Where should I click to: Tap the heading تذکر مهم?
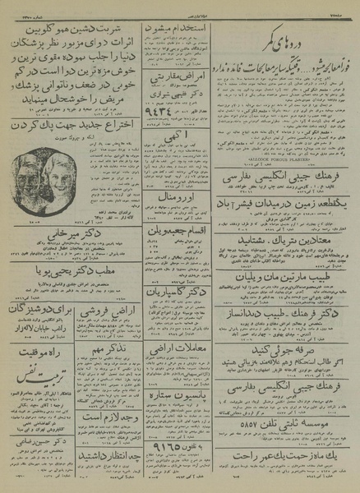(x=115, y=344)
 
